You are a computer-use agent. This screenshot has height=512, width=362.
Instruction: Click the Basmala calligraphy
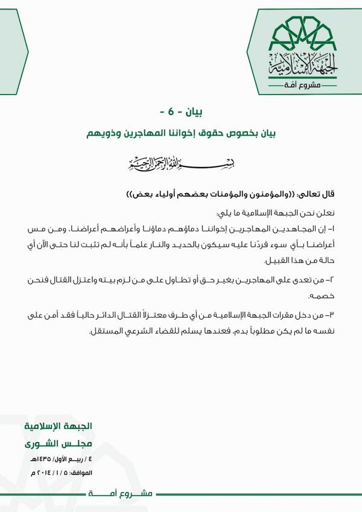tap(180, 163)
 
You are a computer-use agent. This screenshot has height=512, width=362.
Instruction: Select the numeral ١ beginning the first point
tap(331, 231)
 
